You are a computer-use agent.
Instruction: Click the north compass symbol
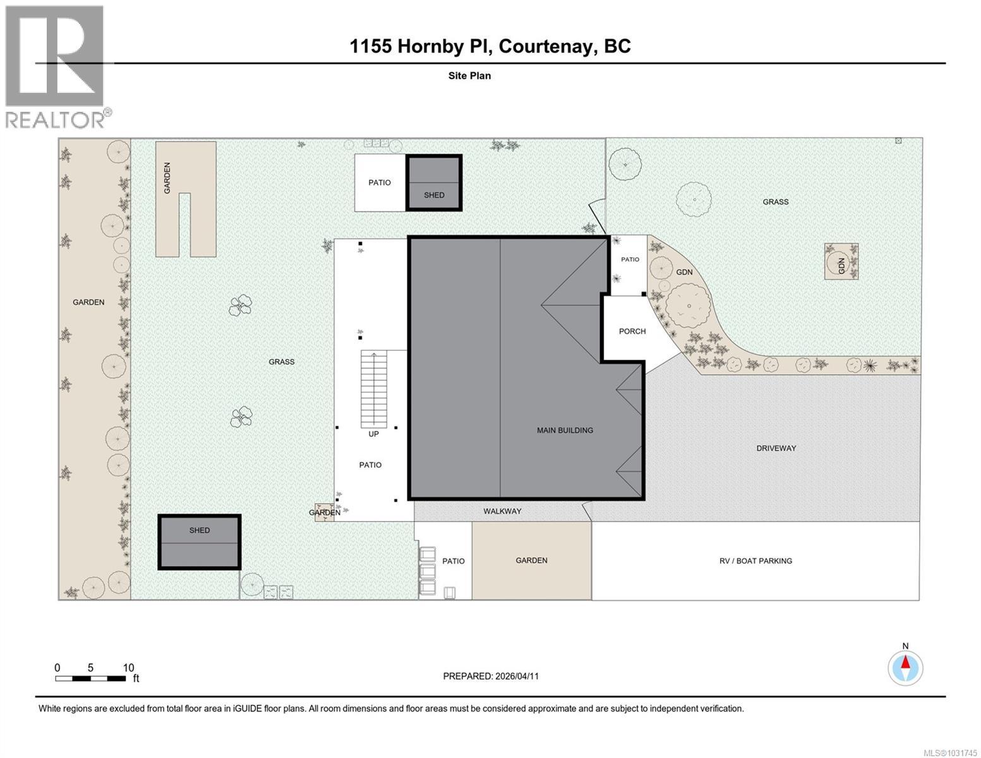coord(905,668)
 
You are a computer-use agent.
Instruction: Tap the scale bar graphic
coord(90,678)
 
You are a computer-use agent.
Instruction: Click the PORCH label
coord(632,331)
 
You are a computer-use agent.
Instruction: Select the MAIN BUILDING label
coord(565,430)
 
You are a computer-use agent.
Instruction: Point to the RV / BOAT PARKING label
coord(755,561)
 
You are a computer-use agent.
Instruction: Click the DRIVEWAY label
coord(776,448)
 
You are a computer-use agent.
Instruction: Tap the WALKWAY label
coord(502,511)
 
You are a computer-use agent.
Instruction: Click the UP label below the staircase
coord(373,434)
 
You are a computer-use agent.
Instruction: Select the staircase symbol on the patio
coord(373,389)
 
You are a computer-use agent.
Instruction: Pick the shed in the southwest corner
coord(199,542)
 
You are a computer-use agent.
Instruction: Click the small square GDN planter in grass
coord(841,262)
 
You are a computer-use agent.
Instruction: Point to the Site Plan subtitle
coord(469,76)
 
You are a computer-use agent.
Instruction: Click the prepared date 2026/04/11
coord(491,676)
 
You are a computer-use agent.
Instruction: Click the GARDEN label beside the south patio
coord(531,561)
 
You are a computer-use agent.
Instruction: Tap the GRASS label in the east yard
coord(775,202)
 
